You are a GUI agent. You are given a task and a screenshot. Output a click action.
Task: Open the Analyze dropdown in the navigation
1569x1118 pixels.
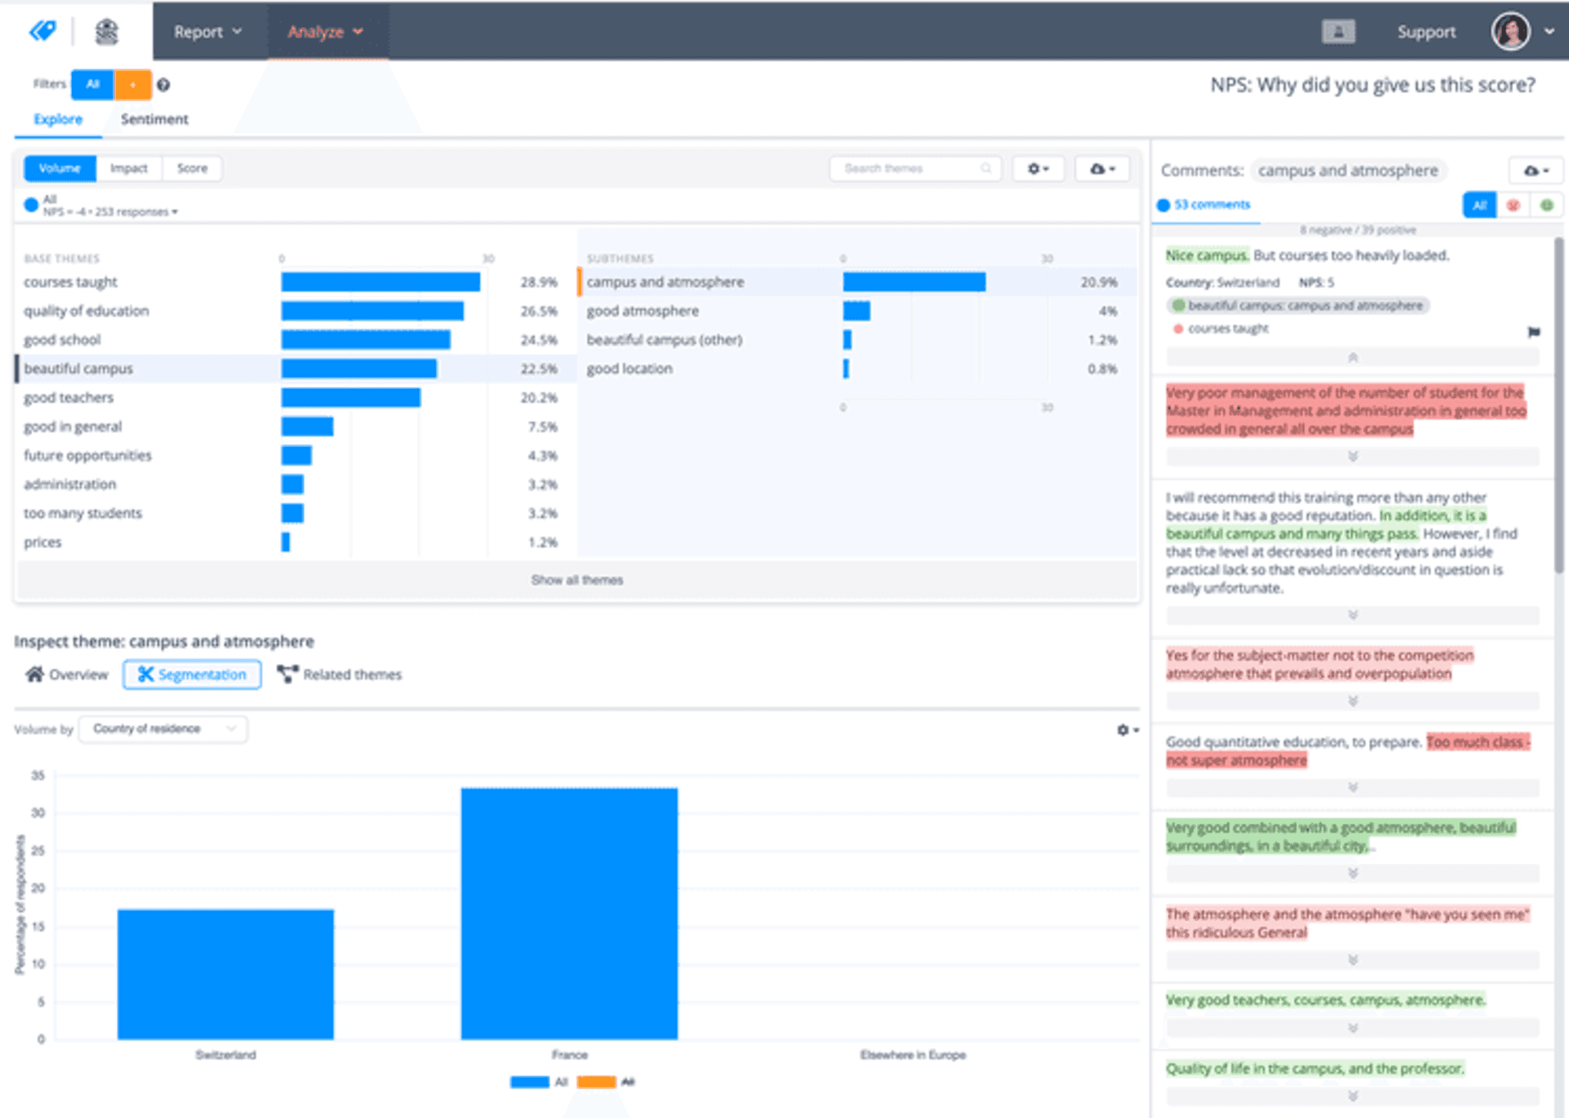point(324,32)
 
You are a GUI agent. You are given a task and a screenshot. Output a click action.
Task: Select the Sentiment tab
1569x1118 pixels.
point(154,119)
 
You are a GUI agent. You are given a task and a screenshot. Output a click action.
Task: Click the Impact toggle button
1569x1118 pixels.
point(129,168)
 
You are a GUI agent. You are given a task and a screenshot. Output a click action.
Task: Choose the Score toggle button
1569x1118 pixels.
point(192,168)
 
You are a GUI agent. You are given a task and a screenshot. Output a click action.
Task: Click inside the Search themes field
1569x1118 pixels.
point(907,168)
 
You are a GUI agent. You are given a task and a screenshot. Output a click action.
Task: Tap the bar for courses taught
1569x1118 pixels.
point(380,282)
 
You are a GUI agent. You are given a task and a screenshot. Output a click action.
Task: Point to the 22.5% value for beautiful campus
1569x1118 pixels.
point(539,369)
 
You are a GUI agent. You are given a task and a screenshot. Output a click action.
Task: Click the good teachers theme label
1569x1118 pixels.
point(69,398)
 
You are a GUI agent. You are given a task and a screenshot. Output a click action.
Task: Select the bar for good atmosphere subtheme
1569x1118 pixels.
point(856,311)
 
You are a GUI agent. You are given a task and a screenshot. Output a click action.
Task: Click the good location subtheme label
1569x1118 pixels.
point(629,369)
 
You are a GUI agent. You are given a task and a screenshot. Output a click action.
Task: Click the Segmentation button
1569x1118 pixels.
point(192,674)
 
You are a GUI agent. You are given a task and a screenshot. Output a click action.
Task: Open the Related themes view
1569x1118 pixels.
point(340,674)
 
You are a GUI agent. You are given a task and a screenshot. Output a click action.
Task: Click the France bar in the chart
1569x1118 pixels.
point(569,913)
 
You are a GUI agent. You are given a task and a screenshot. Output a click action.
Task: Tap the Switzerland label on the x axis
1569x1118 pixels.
point(226,1055)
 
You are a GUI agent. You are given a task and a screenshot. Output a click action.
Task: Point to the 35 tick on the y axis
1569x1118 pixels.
point(38,775)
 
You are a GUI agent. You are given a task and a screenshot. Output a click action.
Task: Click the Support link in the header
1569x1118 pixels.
point(1426,32)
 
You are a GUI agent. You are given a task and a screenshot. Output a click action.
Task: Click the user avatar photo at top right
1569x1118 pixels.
point(1510,32)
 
